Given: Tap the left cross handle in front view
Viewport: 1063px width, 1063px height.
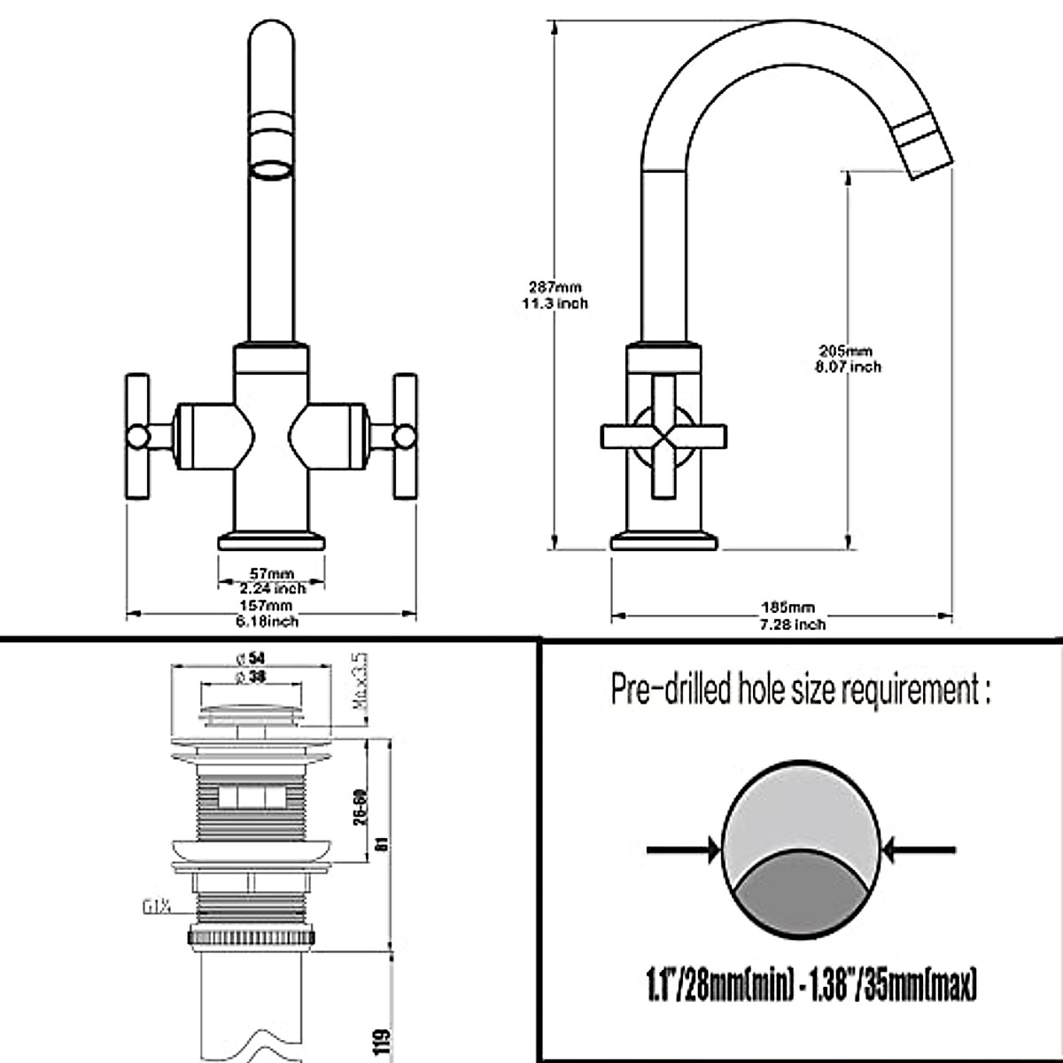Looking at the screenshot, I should pos(138,436).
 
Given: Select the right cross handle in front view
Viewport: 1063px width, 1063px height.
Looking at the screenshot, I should pos(404,436).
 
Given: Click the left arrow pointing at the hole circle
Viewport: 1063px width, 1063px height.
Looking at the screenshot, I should pos(683,851).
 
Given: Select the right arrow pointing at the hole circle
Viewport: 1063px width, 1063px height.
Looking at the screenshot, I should pos(921,851).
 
